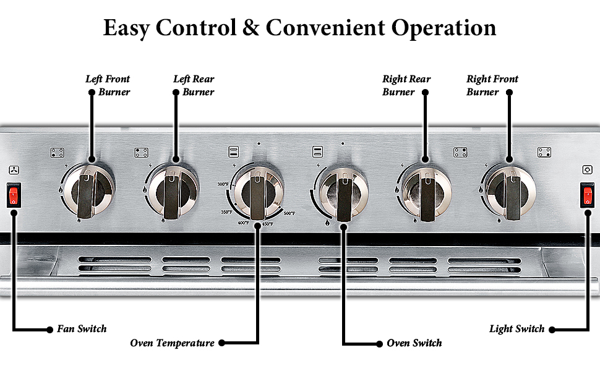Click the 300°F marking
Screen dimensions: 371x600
pyautogui.click(x=223, y=184)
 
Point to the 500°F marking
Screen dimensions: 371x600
pyautogui.click(x=289, y=213)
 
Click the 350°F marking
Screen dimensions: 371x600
pyautogui.click(x=226, y=212)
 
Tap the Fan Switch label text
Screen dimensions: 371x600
pyautogui.click(x=82, y=329)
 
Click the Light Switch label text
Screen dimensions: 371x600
pyautogui.click(x=516, y=329)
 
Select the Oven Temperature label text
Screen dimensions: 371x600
pyautogui.click(x=172, y=343)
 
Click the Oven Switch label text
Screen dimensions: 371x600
pyautogui.click(x=414, y=343)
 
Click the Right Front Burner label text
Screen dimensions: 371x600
pyautogui.click(x=492, y=85)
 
